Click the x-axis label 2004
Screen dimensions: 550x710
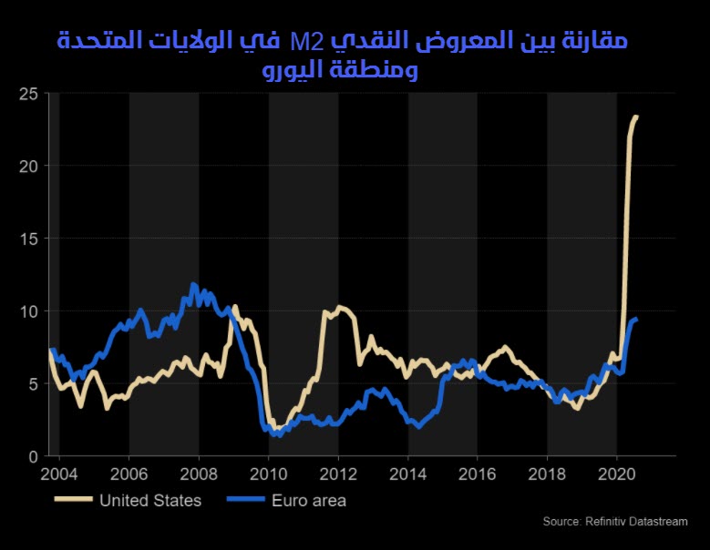60,474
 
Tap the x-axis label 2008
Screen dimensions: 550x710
199,474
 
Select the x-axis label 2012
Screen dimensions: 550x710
338,474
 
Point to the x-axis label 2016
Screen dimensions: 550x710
478,474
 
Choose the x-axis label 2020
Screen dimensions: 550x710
617,474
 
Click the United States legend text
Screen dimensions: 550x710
150,500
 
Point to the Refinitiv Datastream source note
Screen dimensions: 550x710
615,521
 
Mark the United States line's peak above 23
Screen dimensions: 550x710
636,117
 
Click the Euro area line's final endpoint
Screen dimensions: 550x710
636,320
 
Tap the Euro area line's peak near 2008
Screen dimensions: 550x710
192,285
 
